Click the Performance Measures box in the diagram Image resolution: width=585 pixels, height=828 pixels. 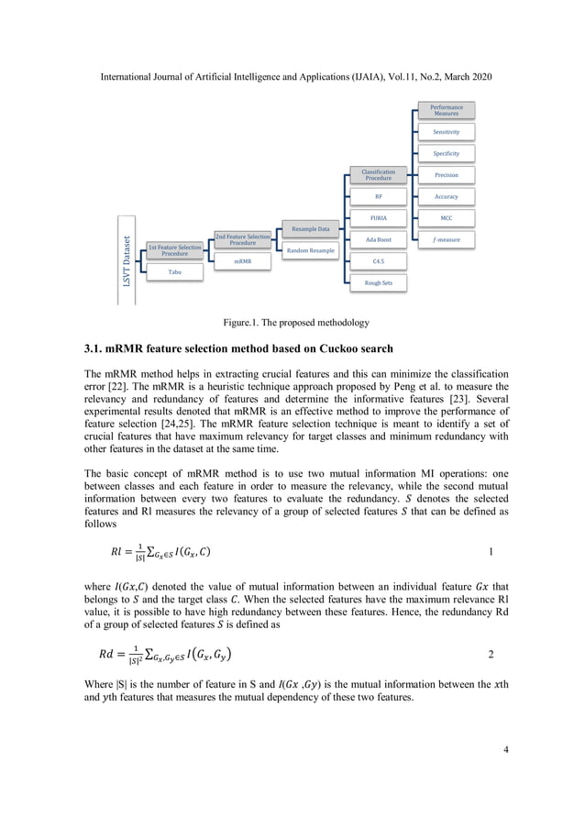click(x=447, y=110)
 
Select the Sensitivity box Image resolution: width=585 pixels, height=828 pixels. click(x=447, y=132)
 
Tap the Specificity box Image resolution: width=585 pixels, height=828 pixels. click(x=447, y=153)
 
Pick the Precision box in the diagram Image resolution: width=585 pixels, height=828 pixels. click(x=447, y=175)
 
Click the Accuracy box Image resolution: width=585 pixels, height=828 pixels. click(x=447, y=196)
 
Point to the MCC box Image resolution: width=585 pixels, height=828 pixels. click(x=447, y=218)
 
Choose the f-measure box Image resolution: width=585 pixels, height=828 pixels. click(x=447, y=240)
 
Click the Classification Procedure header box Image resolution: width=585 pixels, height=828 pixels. click(x=378, y=175)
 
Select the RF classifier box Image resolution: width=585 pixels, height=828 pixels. click(x=378, y=196)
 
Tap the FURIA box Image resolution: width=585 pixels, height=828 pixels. click(x=378, y=218)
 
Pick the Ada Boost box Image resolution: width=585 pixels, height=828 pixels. click(x=378, y=240)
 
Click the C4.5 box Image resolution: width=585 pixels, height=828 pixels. click(x=378, y=262)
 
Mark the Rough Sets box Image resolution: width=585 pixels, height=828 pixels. click(x=378, y=283)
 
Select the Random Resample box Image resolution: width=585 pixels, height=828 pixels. click(x=310, y=250)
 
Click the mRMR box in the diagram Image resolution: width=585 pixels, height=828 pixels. click(x=242, y=262)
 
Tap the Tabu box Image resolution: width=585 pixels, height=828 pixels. click(x=174, y=272)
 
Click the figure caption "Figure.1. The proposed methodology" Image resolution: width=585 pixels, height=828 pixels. click(x=292, y=324)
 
